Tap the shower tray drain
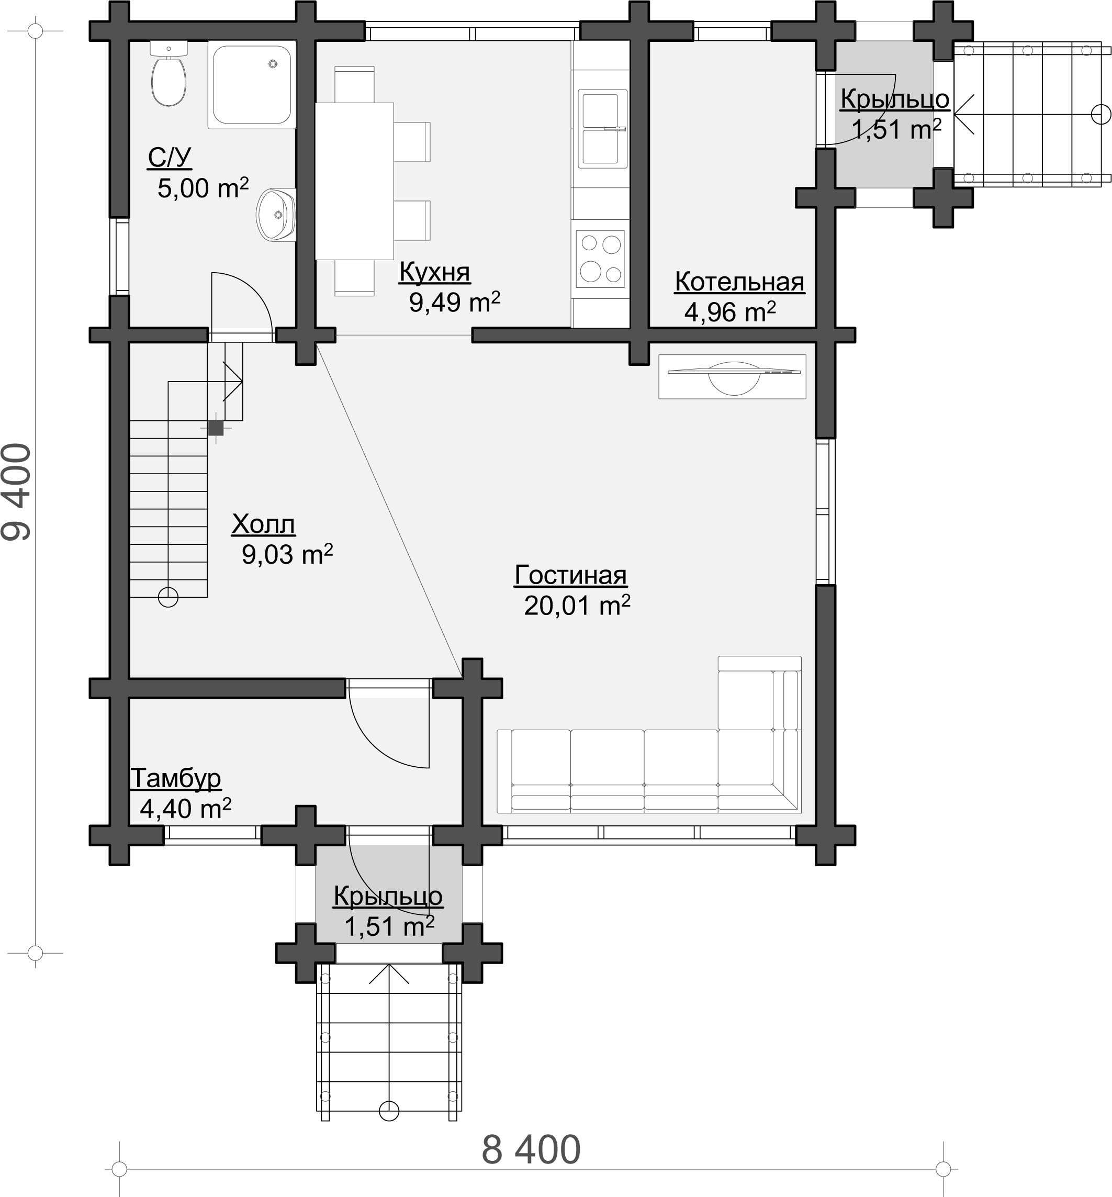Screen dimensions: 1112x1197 pyautogui.click(x=273, y=64)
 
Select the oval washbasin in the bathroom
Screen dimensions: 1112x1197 pyautogui.click(x=276, y=215)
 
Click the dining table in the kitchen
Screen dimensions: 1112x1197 pyautogui.click(x=354, y=181)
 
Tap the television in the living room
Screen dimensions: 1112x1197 pyautogui.click(x=732, y=376)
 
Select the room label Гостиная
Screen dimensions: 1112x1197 pyautogui.click(x=570, y=575)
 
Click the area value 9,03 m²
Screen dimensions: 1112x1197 pyautogui.click(x=287, y=554)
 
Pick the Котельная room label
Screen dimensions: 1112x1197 pyautogui.click(x=739, y=281)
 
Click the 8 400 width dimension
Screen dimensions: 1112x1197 pyautogui.click(x=531, y=1149)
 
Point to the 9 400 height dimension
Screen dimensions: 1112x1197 pyautogui.click(x=16, y=491)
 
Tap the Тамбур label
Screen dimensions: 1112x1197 pyautogui.click(x=176, y=778)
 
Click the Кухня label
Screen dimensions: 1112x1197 pyautogui.click(x=434, y=272)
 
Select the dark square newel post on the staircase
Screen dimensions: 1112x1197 pyautogui.click(x=216, y=428)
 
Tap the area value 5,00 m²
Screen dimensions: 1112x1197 pyautogui.click(x=203, y=188)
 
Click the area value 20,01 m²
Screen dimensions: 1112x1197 pyautogui.click(x=577, y=605)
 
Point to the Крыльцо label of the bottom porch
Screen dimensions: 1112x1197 pyautogui.click(x=388, y=896)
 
